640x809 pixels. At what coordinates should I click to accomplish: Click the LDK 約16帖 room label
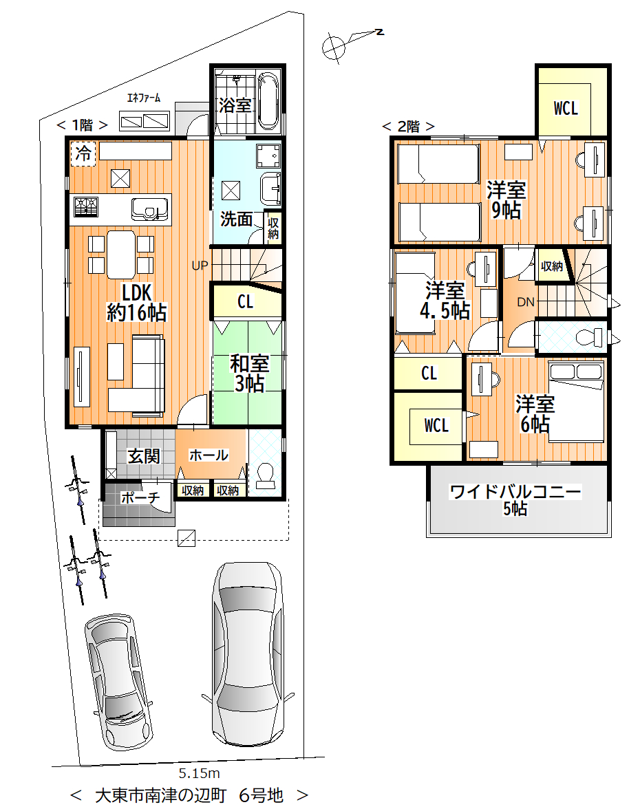137,303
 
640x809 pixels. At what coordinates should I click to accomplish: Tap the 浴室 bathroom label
235,105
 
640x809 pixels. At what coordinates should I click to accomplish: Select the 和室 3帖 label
249,374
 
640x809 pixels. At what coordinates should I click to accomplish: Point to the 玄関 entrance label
144,456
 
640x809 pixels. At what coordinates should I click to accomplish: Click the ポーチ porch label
140,497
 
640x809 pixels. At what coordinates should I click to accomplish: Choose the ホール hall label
209,455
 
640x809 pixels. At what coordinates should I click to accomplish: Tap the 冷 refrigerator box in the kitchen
83,153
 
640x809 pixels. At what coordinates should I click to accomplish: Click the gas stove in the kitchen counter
86,207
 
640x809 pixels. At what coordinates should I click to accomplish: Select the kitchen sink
150,208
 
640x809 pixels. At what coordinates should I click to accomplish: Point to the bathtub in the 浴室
268,101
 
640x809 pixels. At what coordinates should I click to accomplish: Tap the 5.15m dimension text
200,773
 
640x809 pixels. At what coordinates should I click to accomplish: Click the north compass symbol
333,47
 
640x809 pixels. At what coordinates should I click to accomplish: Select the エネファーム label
143,98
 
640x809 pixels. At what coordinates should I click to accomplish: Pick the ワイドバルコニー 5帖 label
515,499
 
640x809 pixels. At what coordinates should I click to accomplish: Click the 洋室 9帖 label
506,200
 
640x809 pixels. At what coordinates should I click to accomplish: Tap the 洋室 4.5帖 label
445,301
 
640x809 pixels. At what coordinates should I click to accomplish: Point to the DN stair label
526,302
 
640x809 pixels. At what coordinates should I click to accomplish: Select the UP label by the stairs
200,266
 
